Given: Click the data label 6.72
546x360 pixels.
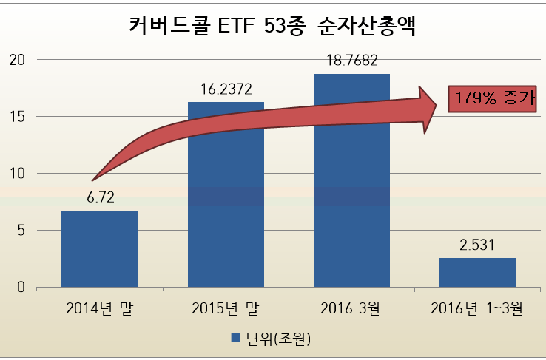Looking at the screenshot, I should pyautogui.click(x=99, y=197).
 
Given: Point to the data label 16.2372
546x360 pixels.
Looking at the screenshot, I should pyautogui.click(x=226, y=89).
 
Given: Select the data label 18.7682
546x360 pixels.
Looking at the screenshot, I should pyautogui.click(x=351, y=61).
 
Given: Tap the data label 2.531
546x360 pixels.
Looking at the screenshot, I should pyautogui.click(x=477, y=245).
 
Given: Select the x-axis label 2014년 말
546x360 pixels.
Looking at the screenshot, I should pyautogui.click(x=99, y=308).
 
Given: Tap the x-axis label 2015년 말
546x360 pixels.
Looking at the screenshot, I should pyautogui.click(x=226, y=308).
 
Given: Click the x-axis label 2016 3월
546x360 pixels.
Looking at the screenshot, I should pyautogui.click(x=351, y=308).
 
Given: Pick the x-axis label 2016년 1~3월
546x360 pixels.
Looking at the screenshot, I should pyautogui.click(x=477, y=308).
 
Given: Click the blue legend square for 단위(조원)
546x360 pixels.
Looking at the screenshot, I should pyautogui.click(x=235, y=338).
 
